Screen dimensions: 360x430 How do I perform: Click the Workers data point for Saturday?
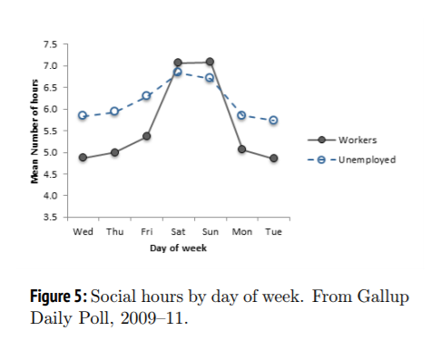point(178,63)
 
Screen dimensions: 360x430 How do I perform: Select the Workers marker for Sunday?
point(210,62)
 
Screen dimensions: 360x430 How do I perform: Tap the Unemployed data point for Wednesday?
point(83,115)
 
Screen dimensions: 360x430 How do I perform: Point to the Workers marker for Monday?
point(241,149)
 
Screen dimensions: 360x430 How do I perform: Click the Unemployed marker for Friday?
point(146,95)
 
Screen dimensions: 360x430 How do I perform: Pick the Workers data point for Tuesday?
point(273,158)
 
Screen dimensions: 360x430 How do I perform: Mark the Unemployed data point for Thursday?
point(114,111)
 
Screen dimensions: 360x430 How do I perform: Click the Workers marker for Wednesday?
point(83,158)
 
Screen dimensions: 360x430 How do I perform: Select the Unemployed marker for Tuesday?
point(273,120)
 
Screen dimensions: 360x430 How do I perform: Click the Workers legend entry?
point(357,141)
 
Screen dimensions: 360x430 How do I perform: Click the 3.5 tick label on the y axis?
point(50,218)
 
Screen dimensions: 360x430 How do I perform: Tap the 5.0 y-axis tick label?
point(50,152)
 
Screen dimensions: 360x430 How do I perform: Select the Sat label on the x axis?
point(178,231)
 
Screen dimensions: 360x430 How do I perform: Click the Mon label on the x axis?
point(241,231)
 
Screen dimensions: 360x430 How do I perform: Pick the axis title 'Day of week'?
point(178,248)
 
